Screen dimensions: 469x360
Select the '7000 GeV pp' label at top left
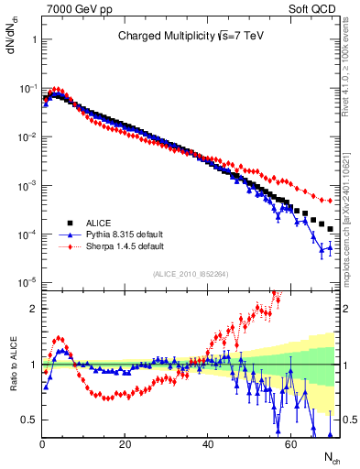coord(74,7)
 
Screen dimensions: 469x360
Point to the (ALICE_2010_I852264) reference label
coord(191,272)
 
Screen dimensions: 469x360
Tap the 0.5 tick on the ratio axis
coord(30,420)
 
